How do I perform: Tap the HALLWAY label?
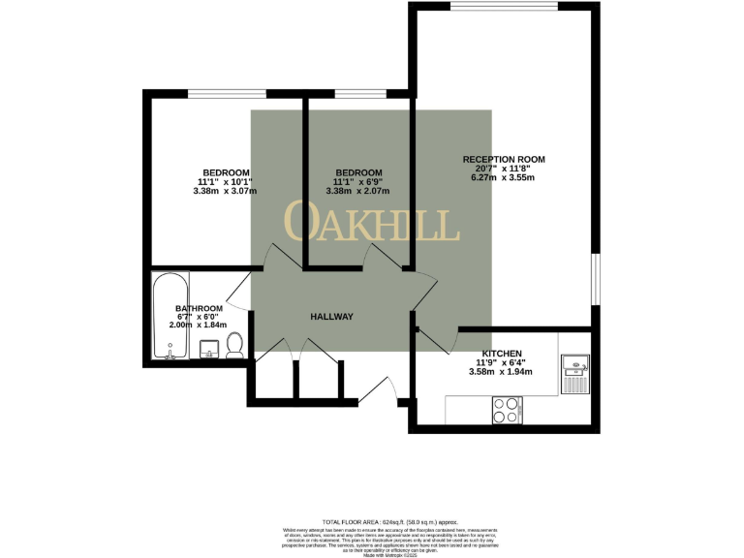click(331, 317)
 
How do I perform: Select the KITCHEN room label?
click(502, 354)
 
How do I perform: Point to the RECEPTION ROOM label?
click(504, 159)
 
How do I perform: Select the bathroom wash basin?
click(208, 351)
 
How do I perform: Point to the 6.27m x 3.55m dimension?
click(503, 178)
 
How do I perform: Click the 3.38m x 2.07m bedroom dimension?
click(357, 191)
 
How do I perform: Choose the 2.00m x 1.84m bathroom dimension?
click(198, 325)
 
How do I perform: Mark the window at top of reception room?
click(503, 7)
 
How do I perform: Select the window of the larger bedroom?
click(226, 93)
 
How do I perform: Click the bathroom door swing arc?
click(238, 295)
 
